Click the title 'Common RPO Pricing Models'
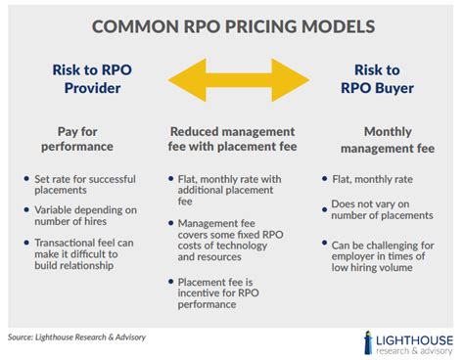coord(232,25)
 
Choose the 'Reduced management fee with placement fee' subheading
coord(232,139)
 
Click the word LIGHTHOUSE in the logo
coord(416,336)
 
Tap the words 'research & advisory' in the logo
coord(416,349)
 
